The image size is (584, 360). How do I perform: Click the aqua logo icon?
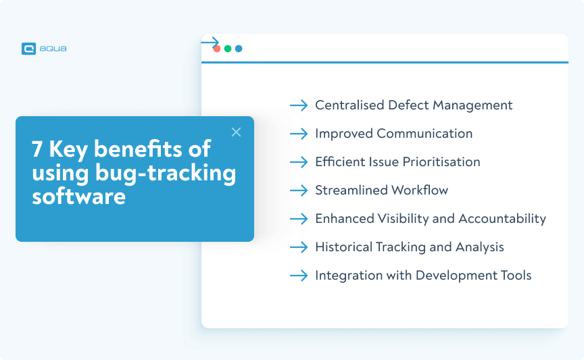click(x=28, y=49)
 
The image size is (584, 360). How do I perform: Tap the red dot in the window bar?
click(x=217, y=49)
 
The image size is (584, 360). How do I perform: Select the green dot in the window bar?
click(x=228, y=49)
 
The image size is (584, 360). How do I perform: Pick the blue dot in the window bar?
click(x=239, y=49)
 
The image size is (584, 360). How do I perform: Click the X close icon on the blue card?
click(x=236, y=132)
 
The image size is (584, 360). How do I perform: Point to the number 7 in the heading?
click(x=37, y=149)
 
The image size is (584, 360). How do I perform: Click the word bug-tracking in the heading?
click(x=166, y=174)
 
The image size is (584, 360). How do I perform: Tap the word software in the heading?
click(x=78, y=196)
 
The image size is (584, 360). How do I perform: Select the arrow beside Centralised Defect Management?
click(x=299, y=105)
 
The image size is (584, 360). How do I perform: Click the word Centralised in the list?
click(x=349, y=105)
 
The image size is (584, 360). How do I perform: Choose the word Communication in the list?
click(x=424, y=134)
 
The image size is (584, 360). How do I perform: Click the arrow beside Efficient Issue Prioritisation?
click(x=299, y=162)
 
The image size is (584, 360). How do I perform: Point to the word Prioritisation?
click(x=441, y=162)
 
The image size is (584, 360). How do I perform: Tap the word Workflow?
click(x=420, y=190)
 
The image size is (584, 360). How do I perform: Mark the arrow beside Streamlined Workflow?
click(x=299, y=190)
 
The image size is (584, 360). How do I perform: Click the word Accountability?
click(x=502, y=219)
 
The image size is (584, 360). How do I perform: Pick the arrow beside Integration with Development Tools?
click(x=299, y=276)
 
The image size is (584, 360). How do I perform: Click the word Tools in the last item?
click(x=516, y=276)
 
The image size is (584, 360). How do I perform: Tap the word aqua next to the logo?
click(x=53, y=49)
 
